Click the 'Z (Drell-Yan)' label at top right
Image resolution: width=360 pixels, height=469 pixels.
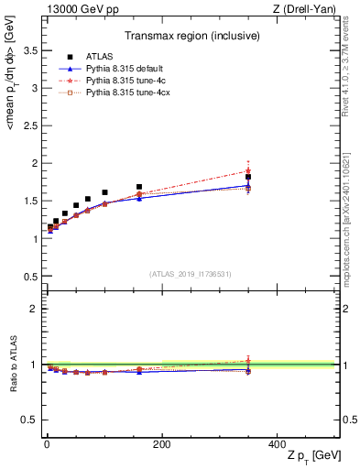click(308, 9)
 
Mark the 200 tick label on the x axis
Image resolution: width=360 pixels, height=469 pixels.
click(161, 442)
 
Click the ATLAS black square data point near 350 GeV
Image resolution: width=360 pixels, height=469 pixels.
click(248, 177)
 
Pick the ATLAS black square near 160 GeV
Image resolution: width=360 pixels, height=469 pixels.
click(139, 187)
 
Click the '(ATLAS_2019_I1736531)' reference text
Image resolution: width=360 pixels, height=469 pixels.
click(191, 273)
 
